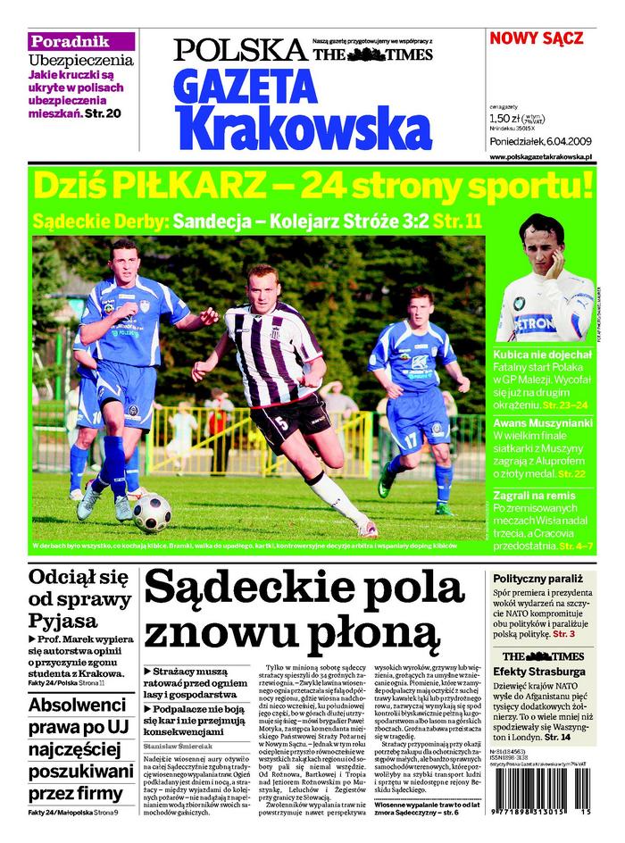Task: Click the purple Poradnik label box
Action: pos(81,41)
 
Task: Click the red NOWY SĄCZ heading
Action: pos(536,38)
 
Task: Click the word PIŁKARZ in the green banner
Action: pos(189,187)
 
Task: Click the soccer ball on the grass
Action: pos(152,513)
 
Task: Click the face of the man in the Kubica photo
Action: pos(542,247)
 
